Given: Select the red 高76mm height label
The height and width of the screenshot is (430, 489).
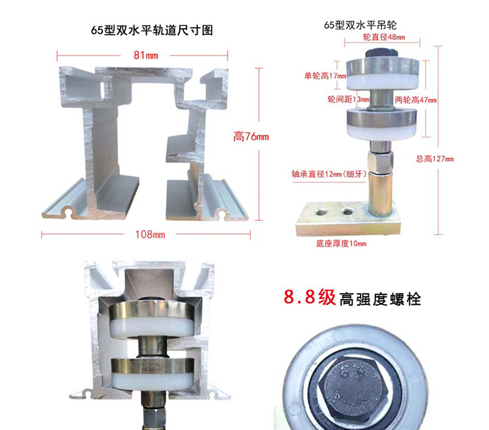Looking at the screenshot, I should (x=251, y=137).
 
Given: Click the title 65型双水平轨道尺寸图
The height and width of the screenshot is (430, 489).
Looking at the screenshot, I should (x=153, y=30).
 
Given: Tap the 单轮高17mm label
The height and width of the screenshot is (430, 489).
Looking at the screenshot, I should (x=323, y=76).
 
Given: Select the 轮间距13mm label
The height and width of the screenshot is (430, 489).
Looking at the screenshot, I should (x=348, y=100).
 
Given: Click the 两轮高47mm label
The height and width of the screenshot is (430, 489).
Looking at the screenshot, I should (x=415, y=100).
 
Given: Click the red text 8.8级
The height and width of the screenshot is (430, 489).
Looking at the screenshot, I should (x=310, y=298).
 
